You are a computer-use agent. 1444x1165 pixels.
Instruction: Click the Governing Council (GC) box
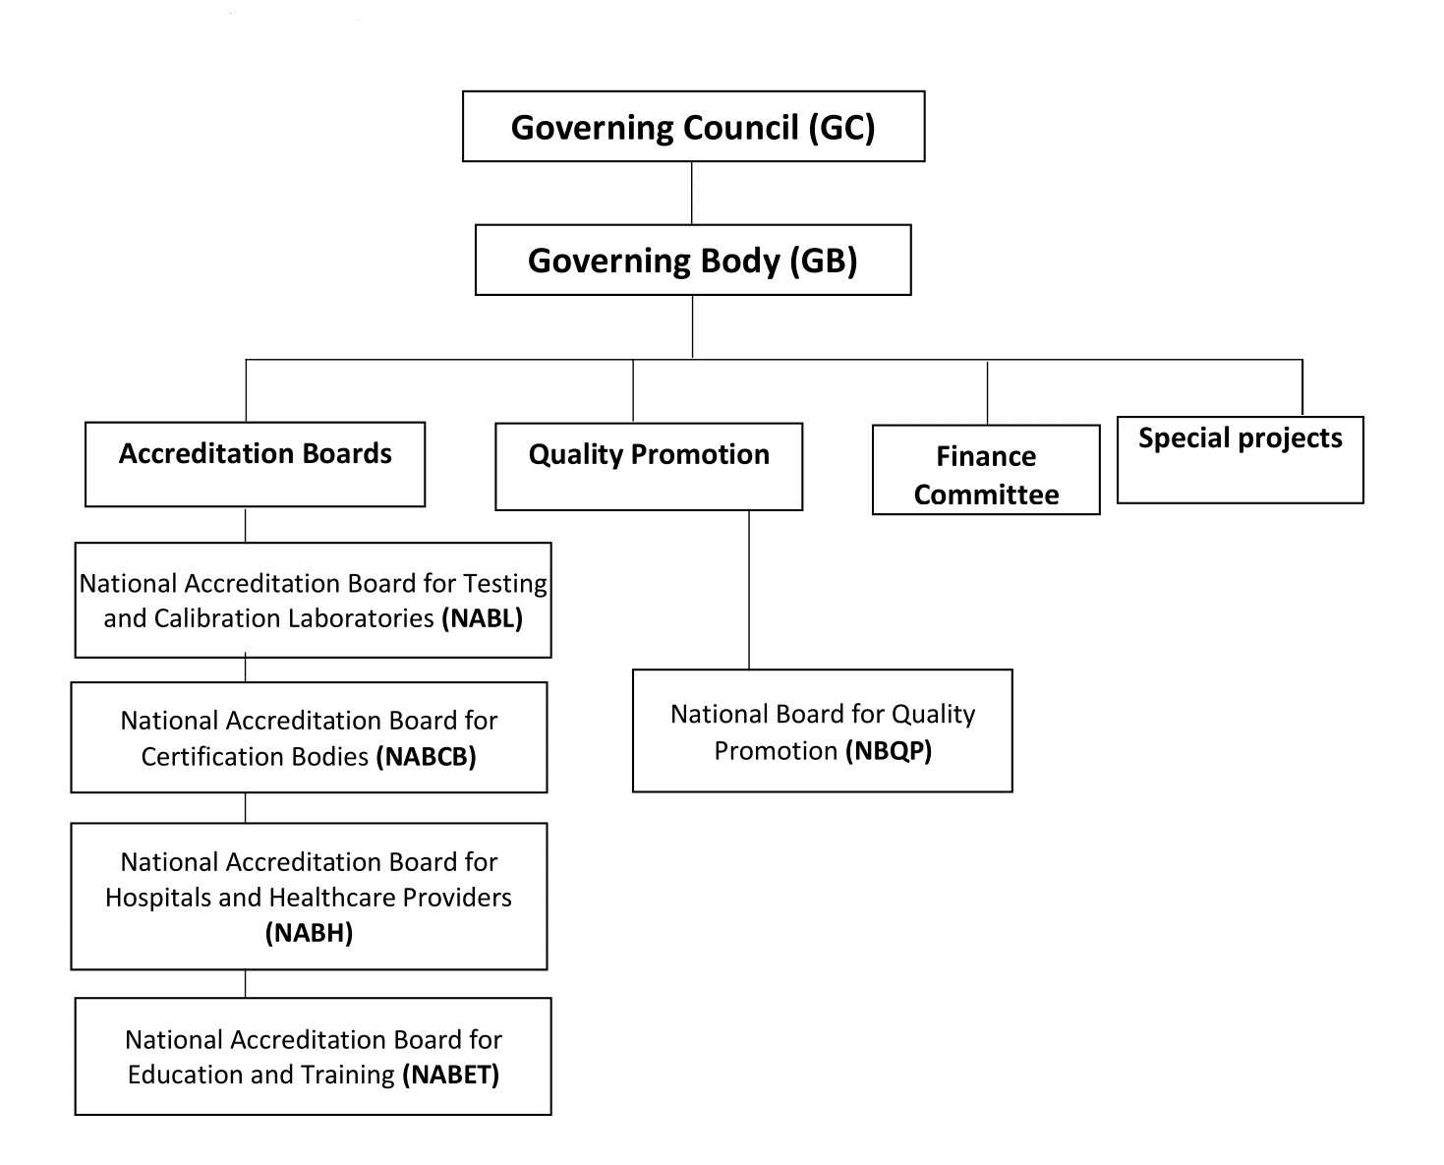coord(693,127)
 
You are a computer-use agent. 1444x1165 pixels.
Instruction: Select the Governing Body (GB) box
coord(693,261)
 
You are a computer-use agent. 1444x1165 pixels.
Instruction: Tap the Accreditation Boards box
coord(255,464)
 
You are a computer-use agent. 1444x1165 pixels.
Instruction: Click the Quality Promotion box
coord(649,466)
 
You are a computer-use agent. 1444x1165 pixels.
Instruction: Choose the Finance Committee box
coord(986,470)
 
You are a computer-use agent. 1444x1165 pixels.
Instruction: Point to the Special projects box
coord(1240,460)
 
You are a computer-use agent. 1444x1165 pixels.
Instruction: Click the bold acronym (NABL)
coord(482,618)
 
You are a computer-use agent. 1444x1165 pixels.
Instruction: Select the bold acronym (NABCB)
coord(427,756)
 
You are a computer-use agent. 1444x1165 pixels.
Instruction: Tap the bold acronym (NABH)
coord(309,933)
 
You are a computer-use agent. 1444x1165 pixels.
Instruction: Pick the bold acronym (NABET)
coord(451,1075)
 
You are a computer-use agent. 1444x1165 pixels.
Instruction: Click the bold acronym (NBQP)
coord(889,751)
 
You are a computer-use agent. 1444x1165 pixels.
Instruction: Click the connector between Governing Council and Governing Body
coord(692,193)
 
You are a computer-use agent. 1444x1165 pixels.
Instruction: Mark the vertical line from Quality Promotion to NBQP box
coord(749,590)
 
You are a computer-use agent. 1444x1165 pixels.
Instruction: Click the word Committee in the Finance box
coord(986,495)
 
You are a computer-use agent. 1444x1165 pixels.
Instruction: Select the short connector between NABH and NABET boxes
coord(245,984)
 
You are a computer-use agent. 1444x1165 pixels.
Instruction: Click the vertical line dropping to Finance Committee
coord(987,392)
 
